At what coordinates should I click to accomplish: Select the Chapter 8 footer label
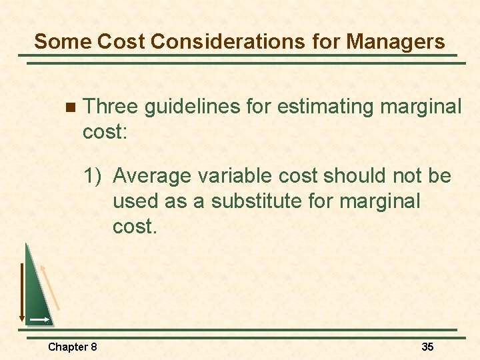73,347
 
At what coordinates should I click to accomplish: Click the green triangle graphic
37,293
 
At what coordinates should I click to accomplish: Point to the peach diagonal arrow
50,287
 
